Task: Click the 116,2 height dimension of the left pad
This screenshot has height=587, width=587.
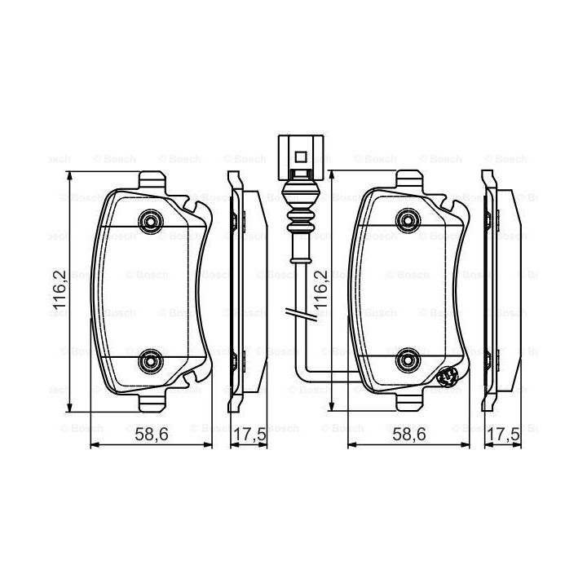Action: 60,289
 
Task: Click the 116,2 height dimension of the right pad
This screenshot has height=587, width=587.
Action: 321,289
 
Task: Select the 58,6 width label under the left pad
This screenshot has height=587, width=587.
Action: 152,435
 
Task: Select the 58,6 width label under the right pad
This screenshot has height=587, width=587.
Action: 409,435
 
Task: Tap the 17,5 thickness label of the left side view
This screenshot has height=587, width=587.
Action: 249,435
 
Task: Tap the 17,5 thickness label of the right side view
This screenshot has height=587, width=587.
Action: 504,435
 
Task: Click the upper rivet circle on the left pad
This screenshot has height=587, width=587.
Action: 151,222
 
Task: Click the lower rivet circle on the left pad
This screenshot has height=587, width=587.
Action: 151,361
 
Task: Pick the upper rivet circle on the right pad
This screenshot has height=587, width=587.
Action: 408,220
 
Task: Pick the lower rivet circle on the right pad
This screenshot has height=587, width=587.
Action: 408,360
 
